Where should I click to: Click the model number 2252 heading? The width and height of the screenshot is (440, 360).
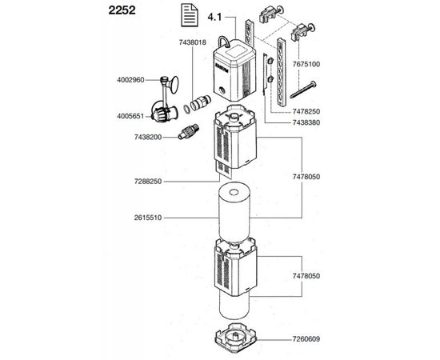[x=122, y=10]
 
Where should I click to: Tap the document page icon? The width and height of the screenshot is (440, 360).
[x=190, y=16]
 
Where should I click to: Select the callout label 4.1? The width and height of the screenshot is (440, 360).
[x=214, y=17]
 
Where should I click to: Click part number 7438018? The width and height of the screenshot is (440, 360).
[x=193, y=42]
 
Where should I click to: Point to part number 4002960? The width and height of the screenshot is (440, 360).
[x=130, y=80]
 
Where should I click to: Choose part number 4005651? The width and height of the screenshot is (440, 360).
[x=130, y=116]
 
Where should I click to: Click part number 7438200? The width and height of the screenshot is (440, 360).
[x=148, y=138]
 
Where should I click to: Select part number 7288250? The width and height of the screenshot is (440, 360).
[x=148, y=182]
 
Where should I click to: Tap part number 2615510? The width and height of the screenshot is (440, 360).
[x=148, y=218]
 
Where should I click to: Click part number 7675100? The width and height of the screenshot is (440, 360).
[x=306, y=64]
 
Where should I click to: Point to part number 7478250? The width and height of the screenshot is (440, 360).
[x=306, y=111]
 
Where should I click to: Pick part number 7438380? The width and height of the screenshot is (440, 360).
[x=306, y=122]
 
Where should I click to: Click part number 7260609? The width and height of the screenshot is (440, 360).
[x=306, y=339]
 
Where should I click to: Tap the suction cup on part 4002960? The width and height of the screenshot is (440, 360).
[x=174, y=85]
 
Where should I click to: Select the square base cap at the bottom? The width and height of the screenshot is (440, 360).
[x=235, y=337]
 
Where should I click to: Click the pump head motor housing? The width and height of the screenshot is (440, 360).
[x=234, y=70]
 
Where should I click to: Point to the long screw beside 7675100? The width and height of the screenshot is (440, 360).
[x=303, y=90]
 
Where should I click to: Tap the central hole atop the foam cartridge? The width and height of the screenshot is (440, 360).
[x=233, y=193]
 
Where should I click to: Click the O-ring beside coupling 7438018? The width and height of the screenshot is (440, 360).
[x=186, y=109]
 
